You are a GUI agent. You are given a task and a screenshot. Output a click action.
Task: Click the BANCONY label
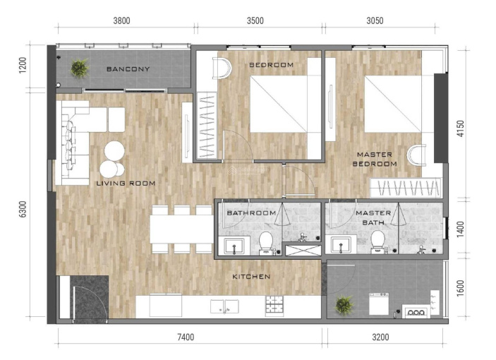128,69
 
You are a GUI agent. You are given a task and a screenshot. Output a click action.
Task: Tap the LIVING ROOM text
126,183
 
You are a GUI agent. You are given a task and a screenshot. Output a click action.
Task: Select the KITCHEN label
251,277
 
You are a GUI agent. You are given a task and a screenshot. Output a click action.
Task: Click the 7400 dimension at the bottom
186,337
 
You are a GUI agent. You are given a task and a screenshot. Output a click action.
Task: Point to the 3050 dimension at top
375,20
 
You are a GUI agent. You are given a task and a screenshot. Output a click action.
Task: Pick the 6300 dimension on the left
23,209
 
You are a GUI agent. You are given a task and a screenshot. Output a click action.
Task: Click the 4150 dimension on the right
461,128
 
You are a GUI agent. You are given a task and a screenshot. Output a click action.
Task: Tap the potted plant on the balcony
79,68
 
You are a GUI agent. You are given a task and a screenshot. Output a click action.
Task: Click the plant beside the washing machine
344,305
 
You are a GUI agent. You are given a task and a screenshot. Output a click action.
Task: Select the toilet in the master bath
377,242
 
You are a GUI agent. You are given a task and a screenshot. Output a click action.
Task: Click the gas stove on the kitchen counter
274,306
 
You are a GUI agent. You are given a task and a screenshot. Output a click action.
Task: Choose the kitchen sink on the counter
224,306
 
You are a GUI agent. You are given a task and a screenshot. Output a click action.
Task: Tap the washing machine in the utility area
379,304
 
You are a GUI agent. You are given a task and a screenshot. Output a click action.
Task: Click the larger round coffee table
114,150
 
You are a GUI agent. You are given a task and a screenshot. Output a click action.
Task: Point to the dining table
181,229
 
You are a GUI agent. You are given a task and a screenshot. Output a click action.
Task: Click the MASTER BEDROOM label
375,159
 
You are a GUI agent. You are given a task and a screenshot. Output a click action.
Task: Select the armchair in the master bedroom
416,155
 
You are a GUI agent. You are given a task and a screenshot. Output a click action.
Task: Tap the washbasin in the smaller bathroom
234,246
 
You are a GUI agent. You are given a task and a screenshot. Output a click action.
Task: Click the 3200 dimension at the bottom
380,337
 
